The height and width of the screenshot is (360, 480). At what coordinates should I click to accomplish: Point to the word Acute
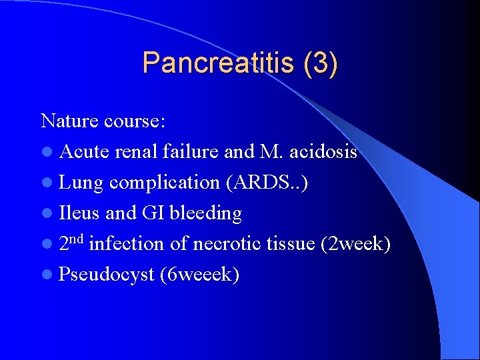pos(84,152)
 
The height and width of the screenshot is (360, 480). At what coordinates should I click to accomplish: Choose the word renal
pos(137,152)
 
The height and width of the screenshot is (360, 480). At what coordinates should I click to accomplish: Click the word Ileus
pos(79,213)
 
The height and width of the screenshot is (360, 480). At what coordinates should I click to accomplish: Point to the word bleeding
pos(205,213)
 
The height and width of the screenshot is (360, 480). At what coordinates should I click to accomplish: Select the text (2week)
pos(355,244)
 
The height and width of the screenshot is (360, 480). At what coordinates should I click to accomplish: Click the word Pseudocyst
pos(107,275)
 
